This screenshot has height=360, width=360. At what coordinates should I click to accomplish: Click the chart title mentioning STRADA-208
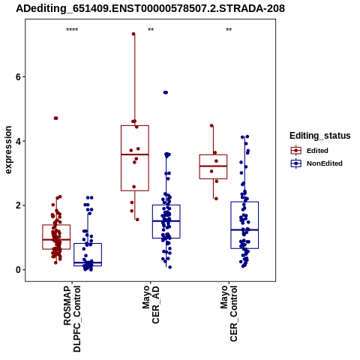pyautogui.click(x=150, y=8)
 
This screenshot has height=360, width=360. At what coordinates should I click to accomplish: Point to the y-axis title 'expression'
pyautogui.click(x=8, y=150)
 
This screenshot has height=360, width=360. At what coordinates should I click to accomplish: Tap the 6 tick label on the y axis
pyautogui.click(x=18, y=76)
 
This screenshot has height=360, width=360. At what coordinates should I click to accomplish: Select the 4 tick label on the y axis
pyautogui.click(x=18, y=141)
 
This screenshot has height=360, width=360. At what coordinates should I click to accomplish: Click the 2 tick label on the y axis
pyautogui.click(x=18, y=205)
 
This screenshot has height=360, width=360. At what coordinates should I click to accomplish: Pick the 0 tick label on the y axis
pyautogui.click(x=18, y=270)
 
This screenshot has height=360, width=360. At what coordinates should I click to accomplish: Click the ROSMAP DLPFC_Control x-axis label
pyautogui.click(x=72, y=319)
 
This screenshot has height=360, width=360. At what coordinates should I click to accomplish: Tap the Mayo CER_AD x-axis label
pyautogui.click(x=151, y=304)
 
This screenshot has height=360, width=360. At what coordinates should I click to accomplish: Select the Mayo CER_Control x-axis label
pyautogui.click(x=229, y=313)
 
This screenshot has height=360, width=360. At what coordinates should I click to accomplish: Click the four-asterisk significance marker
pyautogui.click(x=72, y=30)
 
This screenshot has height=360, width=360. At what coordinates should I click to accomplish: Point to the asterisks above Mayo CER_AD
pyautogui.click(x=151, y=30)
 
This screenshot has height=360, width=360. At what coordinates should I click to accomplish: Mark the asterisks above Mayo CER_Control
pyautogui.click(x=229, y=30)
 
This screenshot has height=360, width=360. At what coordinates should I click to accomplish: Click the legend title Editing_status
pyautogui.click(x=320, y=136)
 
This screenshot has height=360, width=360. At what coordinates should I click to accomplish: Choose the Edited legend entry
pyautogui.click(x=309, y=151)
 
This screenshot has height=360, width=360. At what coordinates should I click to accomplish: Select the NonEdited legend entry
pyautogui.click(x=316, y=163)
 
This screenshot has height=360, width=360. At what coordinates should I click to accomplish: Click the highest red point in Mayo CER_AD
pyautogui.click(x=133, y=34)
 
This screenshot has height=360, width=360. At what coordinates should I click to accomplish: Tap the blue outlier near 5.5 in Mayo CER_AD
pyautogui.click(x=166, y=92)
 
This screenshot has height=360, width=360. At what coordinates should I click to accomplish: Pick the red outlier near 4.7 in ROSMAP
pyautogui.click(x=55, y=118)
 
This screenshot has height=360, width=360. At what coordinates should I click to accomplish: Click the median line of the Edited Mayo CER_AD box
pyautogui.click(x=135, y=154)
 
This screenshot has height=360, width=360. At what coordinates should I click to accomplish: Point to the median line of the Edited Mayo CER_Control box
pyautogui.click(x=213, y=166)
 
